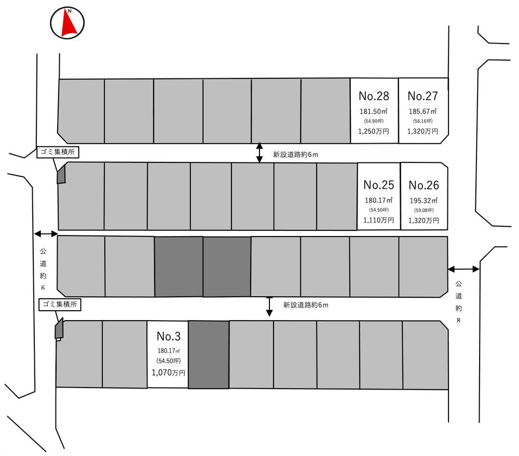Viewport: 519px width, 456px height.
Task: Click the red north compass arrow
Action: point(67,24)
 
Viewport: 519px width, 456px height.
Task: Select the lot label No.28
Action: point(374,96)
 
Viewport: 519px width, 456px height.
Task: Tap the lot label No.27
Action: point(422,96)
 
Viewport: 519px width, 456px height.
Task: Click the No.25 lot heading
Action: point(379,185)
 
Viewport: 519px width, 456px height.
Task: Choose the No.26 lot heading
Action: point(424,185)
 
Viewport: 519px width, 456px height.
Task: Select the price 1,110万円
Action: point(379,220)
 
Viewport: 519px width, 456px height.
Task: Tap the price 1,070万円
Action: point(168,372)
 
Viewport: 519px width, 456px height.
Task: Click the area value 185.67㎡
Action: point(422,112)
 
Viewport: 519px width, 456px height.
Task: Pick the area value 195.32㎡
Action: point(424,200)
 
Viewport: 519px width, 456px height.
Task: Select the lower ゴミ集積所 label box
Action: point(59,305)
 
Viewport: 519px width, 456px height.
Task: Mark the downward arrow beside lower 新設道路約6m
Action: point(269,306)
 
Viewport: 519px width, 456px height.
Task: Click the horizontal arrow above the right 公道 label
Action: point(464,269)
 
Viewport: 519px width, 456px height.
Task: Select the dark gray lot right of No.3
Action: point(208,354)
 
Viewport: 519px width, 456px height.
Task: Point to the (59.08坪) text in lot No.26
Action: point(424,210)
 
